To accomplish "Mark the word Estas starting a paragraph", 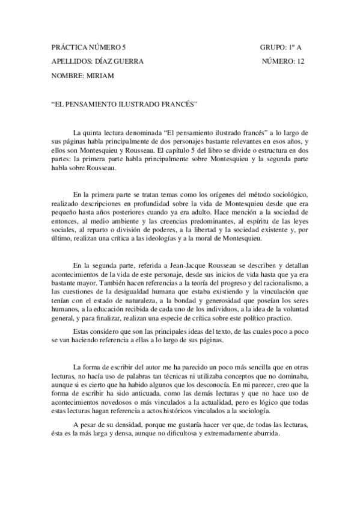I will coord(81,331).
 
